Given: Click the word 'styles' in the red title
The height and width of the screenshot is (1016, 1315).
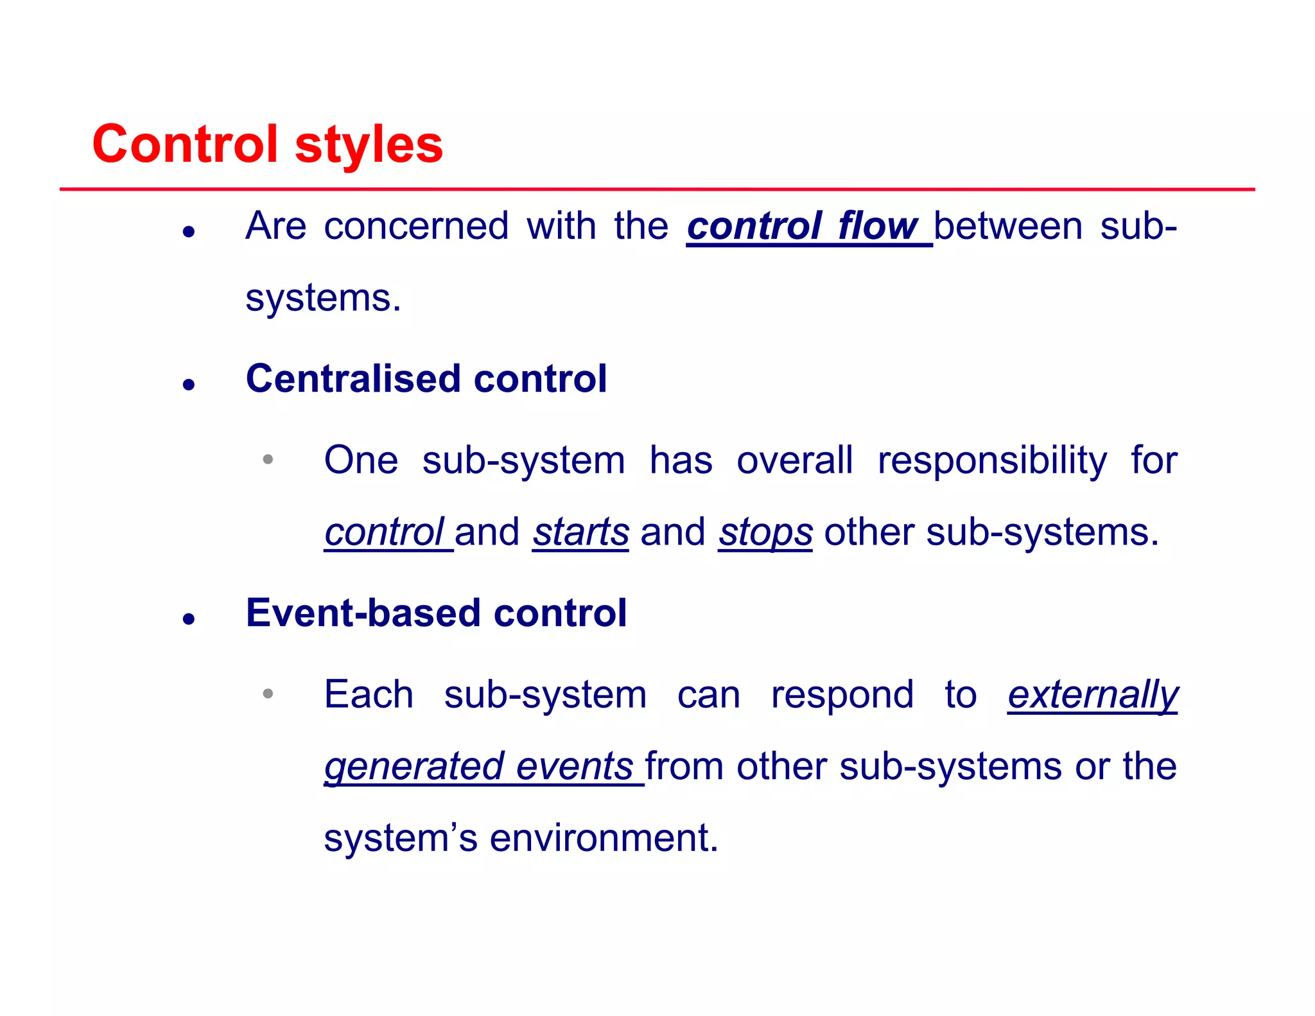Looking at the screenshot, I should click(369, 145).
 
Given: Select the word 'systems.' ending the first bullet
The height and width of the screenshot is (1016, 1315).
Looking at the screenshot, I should click(323, 298).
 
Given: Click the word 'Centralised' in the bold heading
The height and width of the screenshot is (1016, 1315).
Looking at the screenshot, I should click(353, 378).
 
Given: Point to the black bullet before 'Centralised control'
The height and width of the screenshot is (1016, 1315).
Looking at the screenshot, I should click(188, 385).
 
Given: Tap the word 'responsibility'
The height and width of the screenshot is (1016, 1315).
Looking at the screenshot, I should click(992, 460).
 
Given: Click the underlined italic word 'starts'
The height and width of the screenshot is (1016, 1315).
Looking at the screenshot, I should click(580, 532).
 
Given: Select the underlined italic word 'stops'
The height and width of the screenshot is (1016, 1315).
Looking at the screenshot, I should click(765, 532).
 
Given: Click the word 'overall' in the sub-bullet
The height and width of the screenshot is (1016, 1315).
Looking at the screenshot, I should click(794, 460).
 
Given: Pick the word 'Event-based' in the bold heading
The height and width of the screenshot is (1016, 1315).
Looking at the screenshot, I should click(363, 613).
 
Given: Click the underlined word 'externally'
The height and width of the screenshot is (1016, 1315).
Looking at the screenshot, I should click(1093, 695).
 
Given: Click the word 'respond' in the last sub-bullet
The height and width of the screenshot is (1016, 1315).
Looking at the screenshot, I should click(842, 695).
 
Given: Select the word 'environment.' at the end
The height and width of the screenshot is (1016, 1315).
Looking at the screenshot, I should click(604, 838).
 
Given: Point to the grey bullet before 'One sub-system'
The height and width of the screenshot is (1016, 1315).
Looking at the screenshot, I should click(268, 459).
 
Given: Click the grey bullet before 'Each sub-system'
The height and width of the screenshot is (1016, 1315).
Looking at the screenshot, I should click(268, 694).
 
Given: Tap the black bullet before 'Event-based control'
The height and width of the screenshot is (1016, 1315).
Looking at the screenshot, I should click(188, 619).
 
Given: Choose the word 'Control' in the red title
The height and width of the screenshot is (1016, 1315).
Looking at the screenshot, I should click(185, 145).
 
